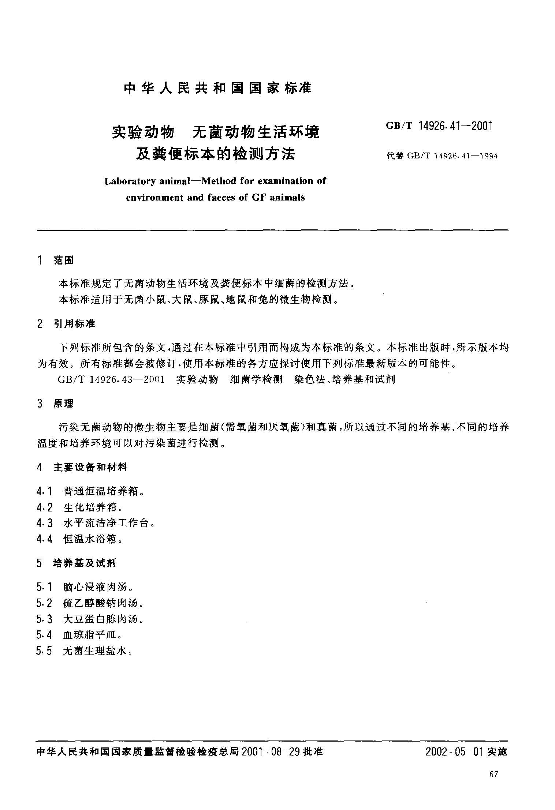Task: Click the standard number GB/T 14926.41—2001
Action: tap(439, 126)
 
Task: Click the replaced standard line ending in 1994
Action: tap(442, 156)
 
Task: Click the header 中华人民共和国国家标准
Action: tap(217, 88)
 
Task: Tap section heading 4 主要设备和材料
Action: tap(82, 467)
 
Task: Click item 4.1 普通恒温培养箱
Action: tap(90, 491)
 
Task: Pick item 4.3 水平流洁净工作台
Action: tap(95, 523)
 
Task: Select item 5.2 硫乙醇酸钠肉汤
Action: tap(90, 603)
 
